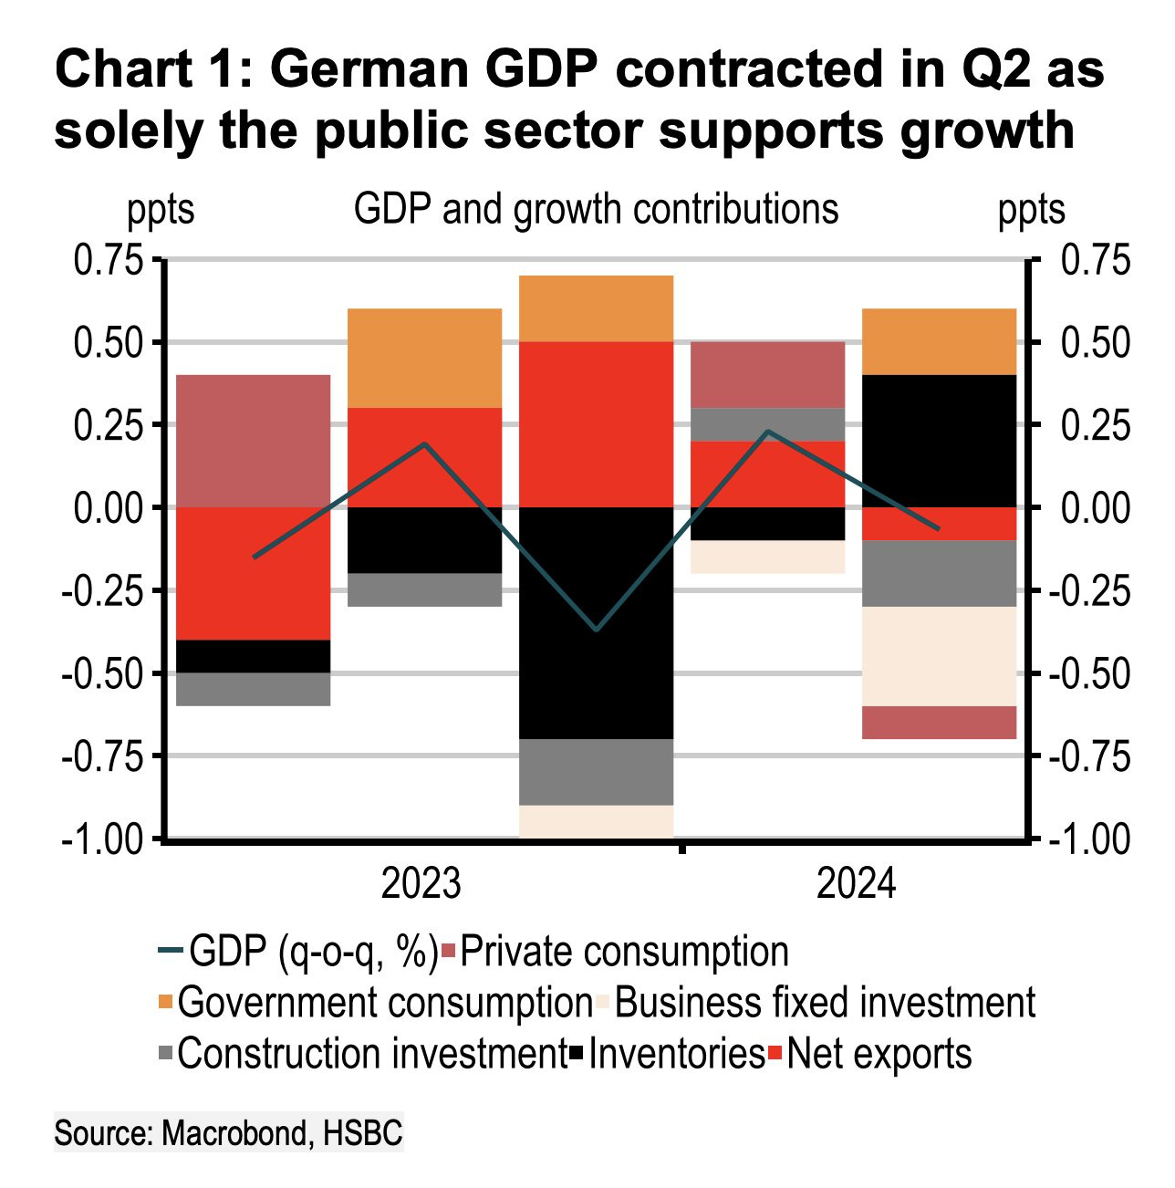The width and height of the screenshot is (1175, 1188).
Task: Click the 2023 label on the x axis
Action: coord(421,884)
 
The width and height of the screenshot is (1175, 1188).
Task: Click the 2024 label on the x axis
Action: coord(856,884)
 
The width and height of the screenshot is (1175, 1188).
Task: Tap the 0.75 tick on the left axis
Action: coord(109,261)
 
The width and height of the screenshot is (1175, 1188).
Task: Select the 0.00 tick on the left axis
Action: coord(109,508)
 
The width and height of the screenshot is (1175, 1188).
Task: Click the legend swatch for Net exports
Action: coord(775,1055)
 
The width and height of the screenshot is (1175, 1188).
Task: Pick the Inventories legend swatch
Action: coord(577,1055)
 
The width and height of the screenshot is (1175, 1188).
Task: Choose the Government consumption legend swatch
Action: coord(165,1003)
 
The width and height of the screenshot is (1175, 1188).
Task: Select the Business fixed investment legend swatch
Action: coord(603,1003)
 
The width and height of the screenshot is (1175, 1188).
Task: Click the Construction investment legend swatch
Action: coord(165,1055)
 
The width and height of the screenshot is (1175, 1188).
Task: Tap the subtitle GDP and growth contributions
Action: coord(596,209)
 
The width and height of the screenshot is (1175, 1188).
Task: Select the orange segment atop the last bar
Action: coord(940,341)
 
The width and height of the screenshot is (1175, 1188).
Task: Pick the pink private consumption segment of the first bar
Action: coord(253,441)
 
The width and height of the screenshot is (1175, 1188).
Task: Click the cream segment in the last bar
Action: coord(940,656)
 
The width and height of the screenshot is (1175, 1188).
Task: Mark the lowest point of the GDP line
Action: coord(597,630)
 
